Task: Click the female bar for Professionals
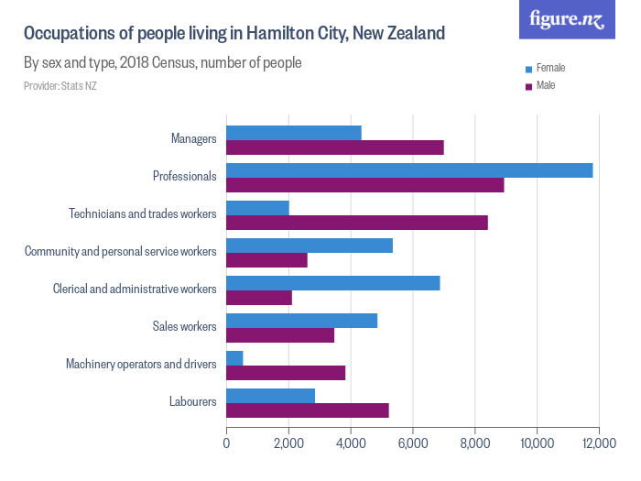click(409, 170)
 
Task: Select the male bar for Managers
click(335, 148)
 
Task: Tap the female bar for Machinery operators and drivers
click(234, 358)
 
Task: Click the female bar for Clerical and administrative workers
click(333, 283)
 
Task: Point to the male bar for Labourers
click(308, 410)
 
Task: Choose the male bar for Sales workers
click(280, 335)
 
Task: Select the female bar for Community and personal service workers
click(310, 246)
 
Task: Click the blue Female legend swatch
click(528, 69)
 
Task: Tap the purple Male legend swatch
click(528, 86)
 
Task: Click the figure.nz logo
click(567, 20)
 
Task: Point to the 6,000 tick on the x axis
click(413, 443)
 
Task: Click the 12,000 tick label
click(599, 443)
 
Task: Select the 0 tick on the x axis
click(226, 443)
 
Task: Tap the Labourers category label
click(192, 402)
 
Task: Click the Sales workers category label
click(184, 327)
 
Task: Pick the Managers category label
click(193, 139)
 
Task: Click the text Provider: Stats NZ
click(60, 86)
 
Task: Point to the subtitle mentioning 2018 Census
click(162, 64)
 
